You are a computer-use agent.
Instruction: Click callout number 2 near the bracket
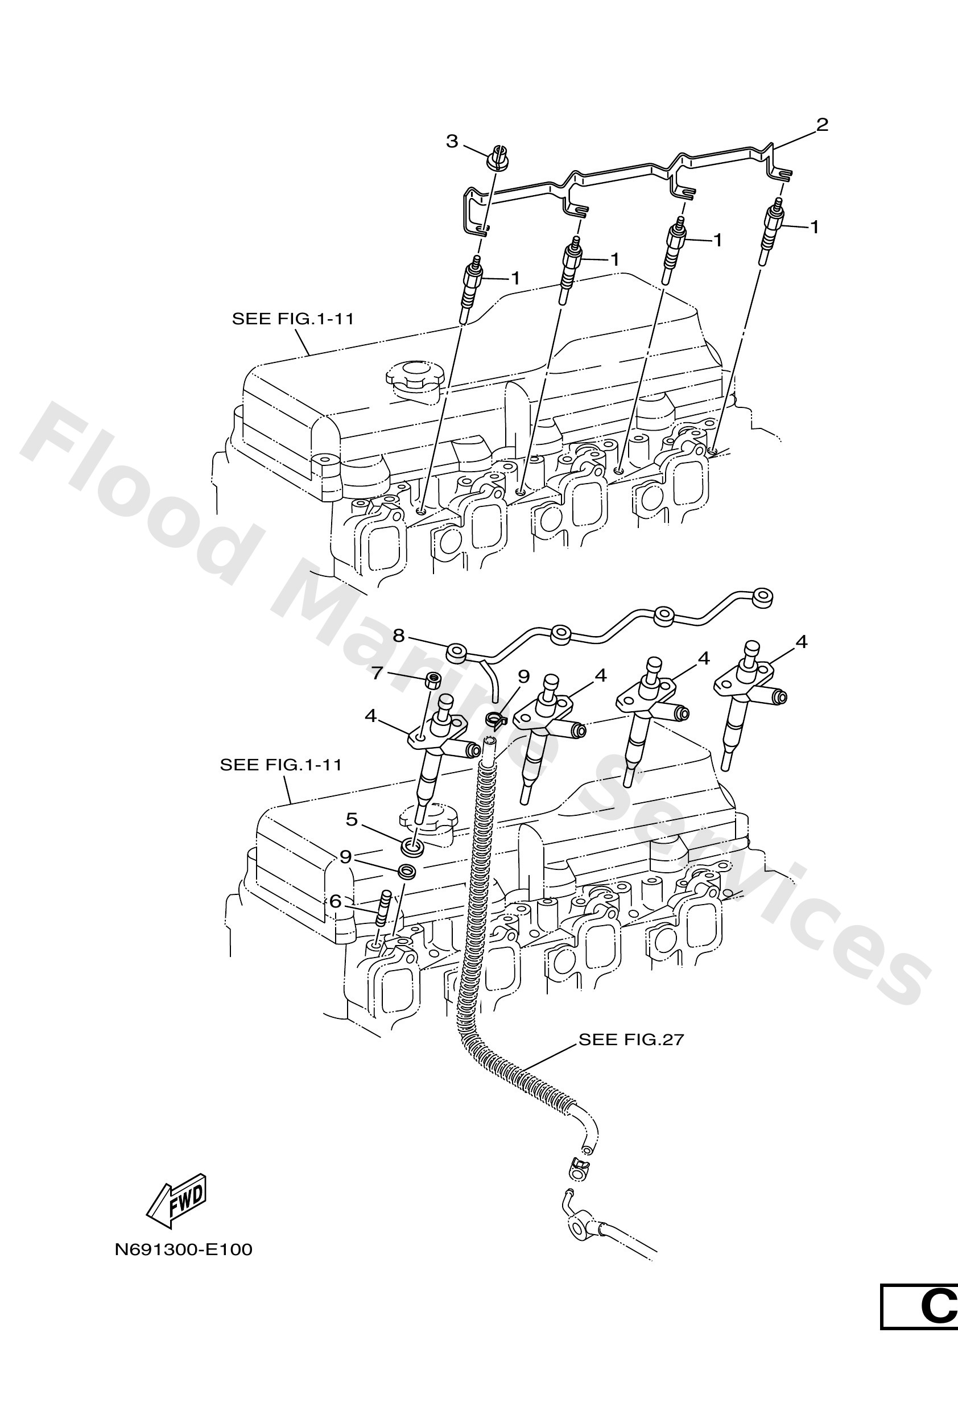coord(821,125)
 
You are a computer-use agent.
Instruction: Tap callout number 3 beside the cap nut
coord(452,142)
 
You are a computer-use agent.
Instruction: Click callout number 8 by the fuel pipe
coord(398,636)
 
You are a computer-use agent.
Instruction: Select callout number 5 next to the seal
coord(352,820)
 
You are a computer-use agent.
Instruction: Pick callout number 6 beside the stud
coord(335,902)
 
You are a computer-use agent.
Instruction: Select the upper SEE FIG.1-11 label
coord(292,319)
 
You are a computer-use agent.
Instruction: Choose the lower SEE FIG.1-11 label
coord(280,765)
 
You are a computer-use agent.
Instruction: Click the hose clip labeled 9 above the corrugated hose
coord(496,720)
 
